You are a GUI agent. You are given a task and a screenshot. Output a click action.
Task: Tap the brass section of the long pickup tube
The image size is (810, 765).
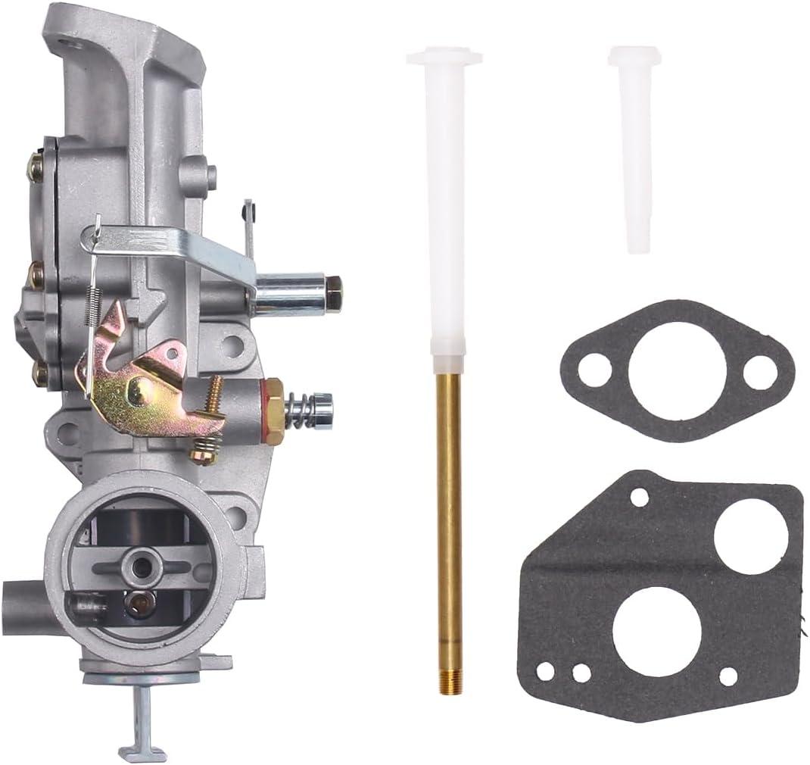(449, 515)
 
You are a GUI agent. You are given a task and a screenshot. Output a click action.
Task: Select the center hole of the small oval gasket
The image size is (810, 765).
(677, 370)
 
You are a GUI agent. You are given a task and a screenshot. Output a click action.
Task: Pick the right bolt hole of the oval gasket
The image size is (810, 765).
(759, 372)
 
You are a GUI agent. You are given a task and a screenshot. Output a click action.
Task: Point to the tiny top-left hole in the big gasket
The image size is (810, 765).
(639, 497)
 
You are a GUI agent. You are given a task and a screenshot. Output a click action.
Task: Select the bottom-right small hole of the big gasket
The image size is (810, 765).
(728, 676)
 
